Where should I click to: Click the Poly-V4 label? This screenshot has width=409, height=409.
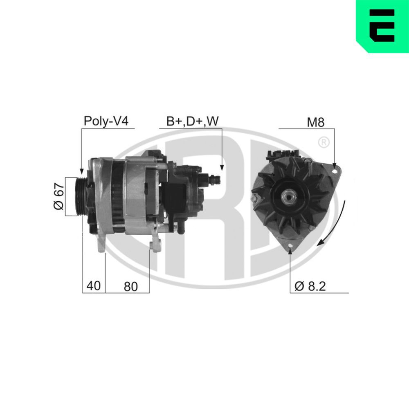click(x=106, y=121)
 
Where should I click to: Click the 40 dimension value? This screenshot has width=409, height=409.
click(x=93, y=286)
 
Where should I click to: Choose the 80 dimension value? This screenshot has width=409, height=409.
click(x=130, y=286)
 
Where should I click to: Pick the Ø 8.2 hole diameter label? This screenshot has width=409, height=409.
click(x=310, y=286)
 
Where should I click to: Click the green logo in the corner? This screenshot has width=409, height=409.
click(x=382, y=25)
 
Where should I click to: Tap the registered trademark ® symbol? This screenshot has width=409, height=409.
click(x=323, y=142)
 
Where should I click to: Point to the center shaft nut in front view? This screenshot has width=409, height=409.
click(x=289, y=197)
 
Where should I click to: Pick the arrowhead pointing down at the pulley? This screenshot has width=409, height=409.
click(x=81, y=171)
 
